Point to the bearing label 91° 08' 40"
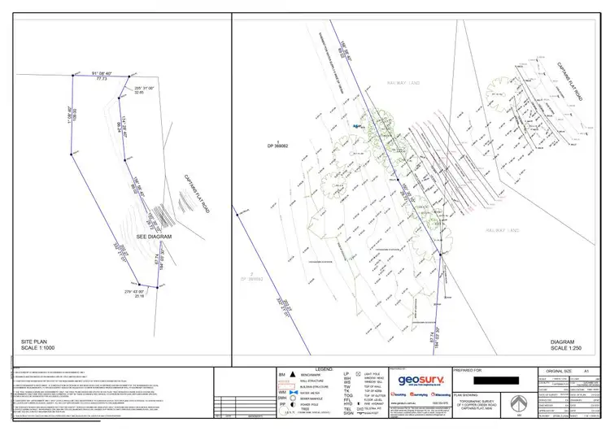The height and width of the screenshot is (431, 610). click(x=102, y=73)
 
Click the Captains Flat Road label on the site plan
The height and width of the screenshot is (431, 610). click(x=197, y=195)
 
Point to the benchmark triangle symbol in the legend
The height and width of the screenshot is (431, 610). click(x=292, y=377)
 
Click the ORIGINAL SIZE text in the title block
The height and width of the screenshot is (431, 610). click(x=560, y=371)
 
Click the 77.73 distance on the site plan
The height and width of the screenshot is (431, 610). click(x=102, y=79)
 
